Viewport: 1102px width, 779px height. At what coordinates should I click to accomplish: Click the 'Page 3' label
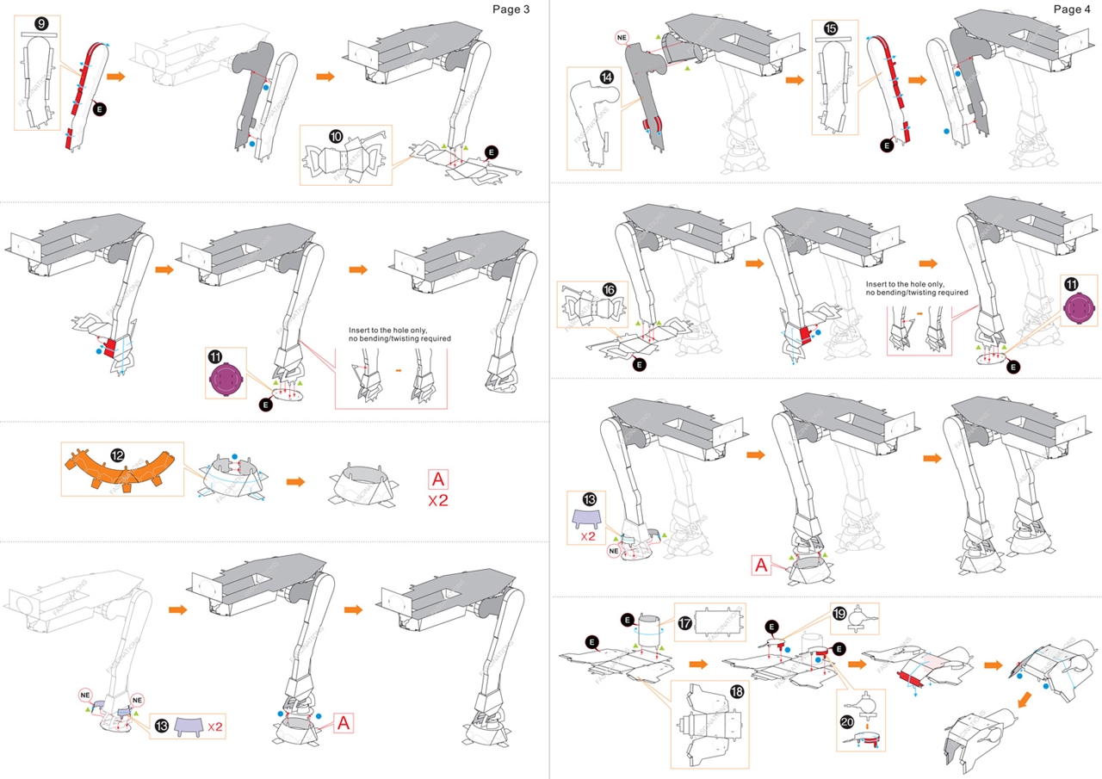coord(511,9)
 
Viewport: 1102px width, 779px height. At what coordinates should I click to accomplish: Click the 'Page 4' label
coord(1073,9)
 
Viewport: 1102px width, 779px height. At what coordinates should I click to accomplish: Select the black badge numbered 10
coord(336,136)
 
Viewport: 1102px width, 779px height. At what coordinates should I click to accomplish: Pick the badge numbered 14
coord(607,77)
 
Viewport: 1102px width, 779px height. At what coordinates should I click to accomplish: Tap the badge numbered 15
coord(831,28)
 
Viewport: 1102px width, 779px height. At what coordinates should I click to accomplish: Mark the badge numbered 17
coord(685,623)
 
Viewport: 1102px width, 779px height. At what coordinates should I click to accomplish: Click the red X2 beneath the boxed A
coord(439,500)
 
